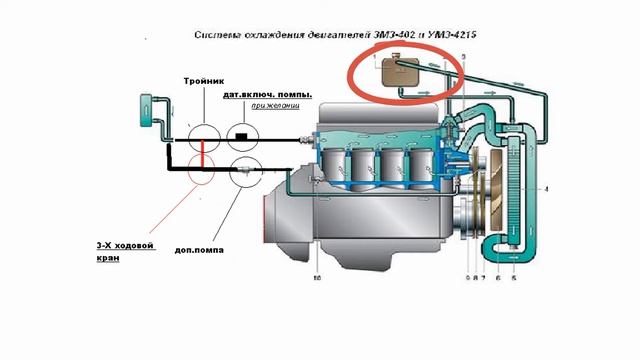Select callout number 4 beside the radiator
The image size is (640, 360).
pos(546,188)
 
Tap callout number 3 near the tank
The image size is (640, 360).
pos(463,60)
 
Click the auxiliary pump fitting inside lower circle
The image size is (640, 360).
pos(245,172)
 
